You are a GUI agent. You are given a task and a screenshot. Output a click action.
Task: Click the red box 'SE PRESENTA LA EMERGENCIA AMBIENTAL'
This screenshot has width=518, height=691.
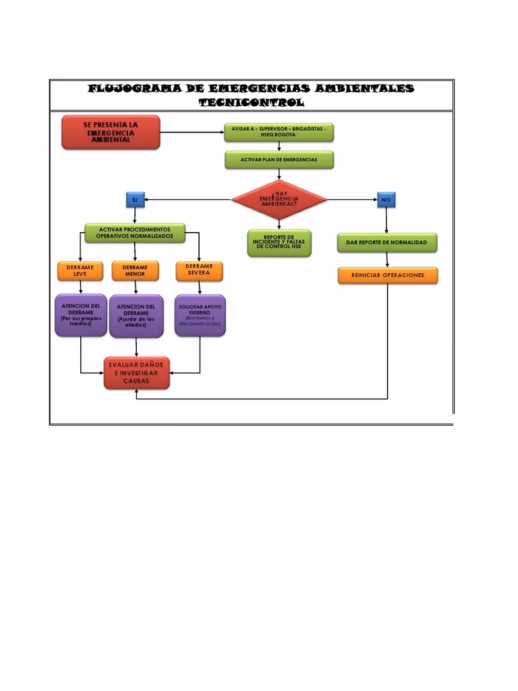pos(111,132)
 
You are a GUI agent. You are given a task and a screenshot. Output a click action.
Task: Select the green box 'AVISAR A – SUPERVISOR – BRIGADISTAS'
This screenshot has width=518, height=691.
pos(279,132)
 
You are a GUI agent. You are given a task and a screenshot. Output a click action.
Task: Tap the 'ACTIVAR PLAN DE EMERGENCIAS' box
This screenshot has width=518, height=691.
pos(279,160)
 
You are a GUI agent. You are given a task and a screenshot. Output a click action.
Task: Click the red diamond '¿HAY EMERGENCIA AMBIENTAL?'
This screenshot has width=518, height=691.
pos(279,199)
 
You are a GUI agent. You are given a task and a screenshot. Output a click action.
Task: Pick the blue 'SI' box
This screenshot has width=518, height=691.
pos(135,200)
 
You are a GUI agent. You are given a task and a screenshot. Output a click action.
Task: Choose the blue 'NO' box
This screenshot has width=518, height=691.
pos(386,200)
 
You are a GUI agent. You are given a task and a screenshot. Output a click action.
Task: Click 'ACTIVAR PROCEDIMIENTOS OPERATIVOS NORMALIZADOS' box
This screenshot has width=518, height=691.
pos(134,233)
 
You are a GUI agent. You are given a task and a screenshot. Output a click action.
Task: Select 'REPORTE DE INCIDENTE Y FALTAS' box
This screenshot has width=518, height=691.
pos(279,243)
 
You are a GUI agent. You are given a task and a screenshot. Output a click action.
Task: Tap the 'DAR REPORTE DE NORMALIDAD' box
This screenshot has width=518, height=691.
pos(386,242)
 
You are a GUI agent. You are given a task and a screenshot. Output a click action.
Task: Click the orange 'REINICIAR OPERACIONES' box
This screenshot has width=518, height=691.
pos(387,275)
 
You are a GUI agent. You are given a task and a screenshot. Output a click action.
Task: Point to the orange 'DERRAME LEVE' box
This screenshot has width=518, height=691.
pos(80,271)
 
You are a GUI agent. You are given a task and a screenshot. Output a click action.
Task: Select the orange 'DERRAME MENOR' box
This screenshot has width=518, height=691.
pos(135,271)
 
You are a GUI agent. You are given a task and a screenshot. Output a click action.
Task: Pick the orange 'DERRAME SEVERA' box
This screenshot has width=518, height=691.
pos(199,270)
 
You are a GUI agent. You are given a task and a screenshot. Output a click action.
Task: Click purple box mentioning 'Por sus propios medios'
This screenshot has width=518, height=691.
pos(80,315)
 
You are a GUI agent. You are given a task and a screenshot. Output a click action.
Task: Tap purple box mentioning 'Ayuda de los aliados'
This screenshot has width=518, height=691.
pos(136,316)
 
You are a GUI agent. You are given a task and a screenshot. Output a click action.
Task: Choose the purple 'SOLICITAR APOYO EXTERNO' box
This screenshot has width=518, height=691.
pos(200,315)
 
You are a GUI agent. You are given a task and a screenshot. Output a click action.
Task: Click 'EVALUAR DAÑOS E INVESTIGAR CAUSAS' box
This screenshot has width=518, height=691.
pos(136,373)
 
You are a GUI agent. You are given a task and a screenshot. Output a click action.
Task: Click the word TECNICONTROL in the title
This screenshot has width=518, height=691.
pos(251,103)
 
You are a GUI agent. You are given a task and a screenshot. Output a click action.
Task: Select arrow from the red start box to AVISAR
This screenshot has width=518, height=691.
pos(192,132)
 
